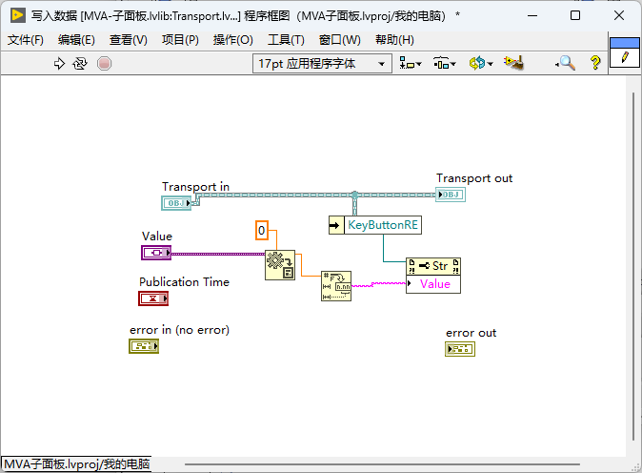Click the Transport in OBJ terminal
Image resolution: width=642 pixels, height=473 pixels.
(176, 203)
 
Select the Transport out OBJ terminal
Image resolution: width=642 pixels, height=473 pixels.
(450, 195)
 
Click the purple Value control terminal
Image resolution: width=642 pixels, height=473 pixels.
(156, 253)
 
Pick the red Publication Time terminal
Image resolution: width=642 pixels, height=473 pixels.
(153, 298)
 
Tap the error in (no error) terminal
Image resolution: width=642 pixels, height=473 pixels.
(144, 346)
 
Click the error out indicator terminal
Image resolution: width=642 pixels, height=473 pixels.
(460, 349)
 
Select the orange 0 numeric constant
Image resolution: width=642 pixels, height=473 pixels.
(262, 231)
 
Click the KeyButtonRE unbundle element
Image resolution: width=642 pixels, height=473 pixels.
(383, 225)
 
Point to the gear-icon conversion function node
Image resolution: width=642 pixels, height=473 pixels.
(280, 265)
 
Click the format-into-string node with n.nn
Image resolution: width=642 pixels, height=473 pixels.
(336, 286)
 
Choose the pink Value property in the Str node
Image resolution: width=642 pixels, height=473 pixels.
(433, 284)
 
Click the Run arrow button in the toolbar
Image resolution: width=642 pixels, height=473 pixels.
(59, 64)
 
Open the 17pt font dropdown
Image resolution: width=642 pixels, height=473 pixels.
(322, 64)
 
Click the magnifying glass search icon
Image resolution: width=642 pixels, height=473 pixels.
(566, 63)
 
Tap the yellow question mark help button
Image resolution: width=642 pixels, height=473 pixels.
(595, 63)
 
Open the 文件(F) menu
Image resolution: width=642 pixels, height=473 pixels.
(26, 40)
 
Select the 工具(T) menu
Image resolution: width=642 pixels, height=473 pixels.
(286, 40)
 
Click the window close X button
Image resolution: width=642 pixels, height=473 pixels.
(619, 15)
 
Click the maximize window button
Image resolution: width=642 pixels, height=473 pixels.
(575, 15)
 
